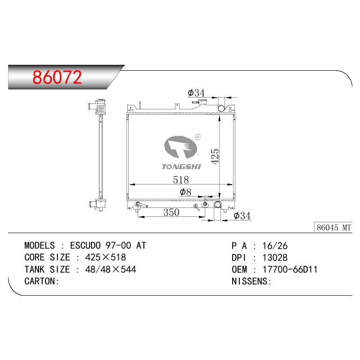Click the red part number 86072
[57, 77]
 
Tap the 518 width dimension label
[181, 180]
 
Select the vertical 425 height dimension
[215, 156]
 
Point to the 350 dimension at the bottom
[171, 212]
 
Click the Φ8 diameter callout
[185, 192]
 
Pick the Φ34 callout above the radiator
[196, 93]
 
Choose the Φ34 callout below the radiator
[242, 216]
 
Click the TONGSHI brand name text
[181, 166]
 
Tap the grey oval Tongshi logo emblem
[181, 147]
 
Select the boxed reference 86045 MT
[333, 228]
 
